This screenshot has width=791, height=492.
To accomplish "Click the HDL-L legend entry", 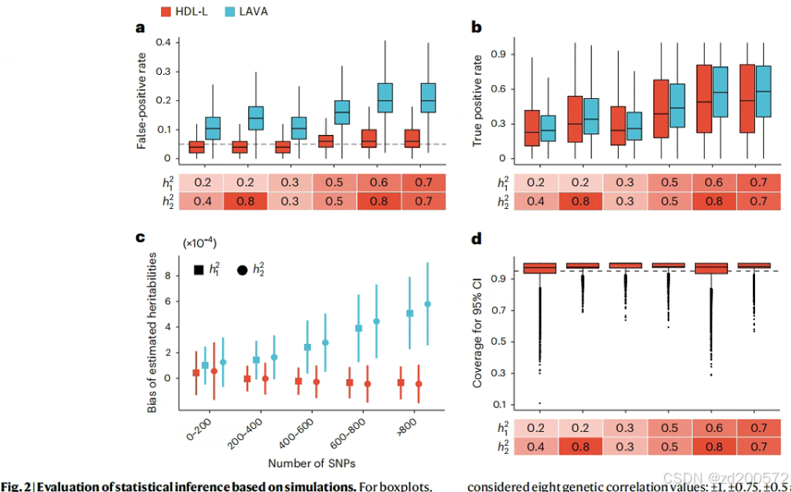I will pos(187,11).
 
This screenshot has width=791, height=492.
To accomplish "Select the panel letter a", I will pos(140,29).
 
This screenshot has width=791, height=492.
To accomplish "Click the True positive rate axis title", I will pos(478,100).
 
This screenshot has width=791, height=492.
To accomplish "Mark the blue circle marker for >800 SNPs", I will pos(428,304).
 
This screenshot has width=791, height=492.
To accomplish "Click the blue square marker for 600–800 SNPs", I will pos(359,328).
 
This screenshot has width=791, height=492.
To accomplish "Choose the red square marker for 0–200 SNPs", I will pos(196,372).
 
